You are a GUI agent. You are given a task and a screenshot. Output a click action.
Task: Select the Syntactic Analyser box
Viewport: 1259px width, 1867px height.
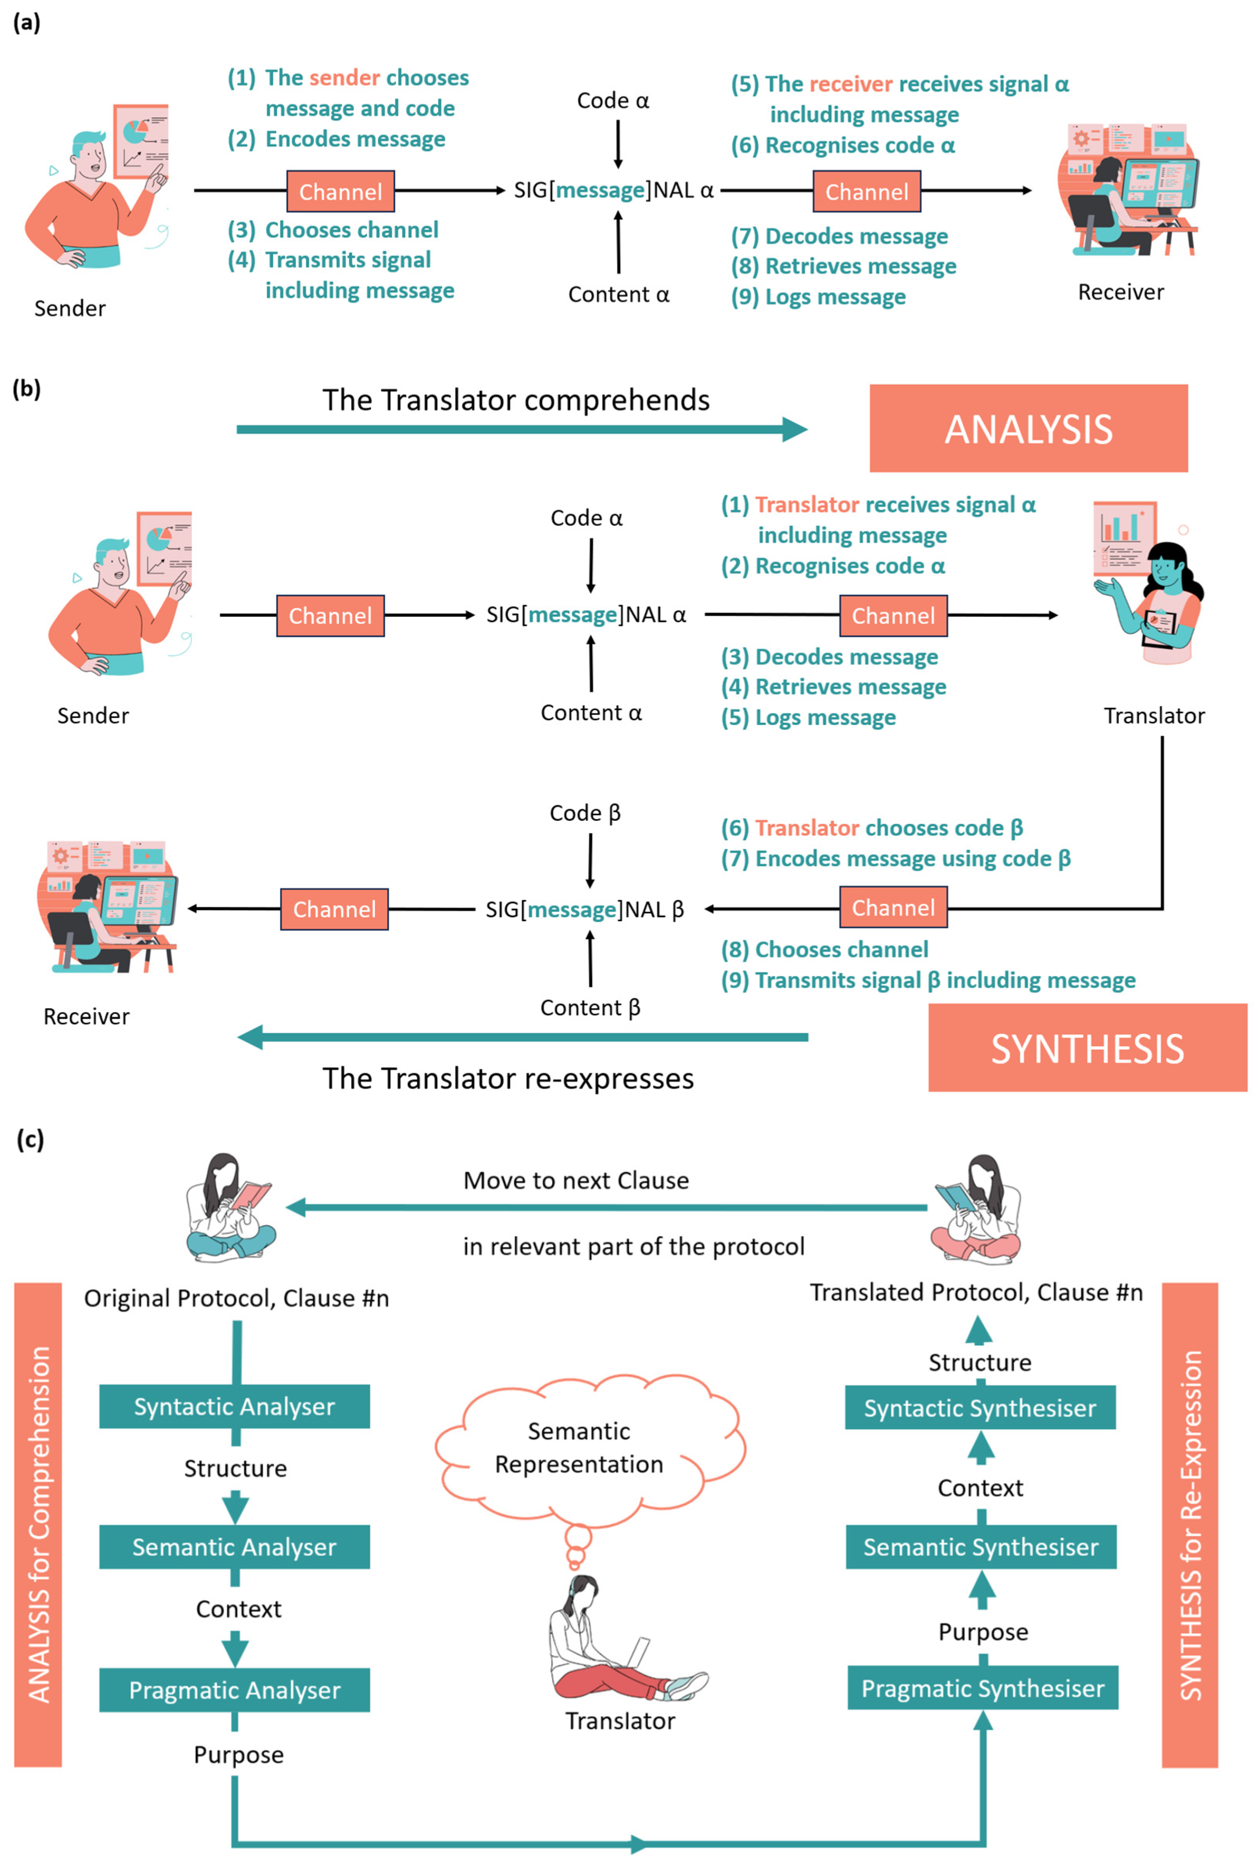(234, 1406)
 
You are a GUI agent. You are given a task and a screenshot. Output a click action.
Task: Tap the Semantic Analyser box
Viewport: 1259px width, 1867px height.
(234, 1547)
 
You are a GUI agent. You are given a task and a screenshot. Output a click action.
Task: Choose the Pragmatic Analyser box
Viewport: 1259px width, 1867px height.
(234, 1690)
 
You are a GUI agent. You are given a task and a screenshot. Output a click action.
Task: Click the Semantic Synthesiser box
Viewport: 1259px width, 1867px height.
(981, 1547)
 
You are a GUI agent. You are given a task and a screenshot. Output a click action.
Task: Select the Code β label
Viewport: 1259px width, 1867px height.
(585, 813)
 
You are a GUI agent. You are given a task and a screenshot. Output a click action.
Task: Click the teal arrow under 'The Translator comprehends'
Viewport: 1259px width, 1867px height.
(522, 429)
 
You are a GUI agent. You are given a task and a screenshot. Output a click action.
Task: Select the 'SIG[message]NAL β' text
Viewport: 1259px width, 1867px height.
(585, 909)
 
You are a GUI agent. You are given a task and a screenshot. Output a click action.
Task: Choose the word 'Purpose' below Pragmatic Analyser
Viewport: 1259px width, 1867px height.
(238, 1754)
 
